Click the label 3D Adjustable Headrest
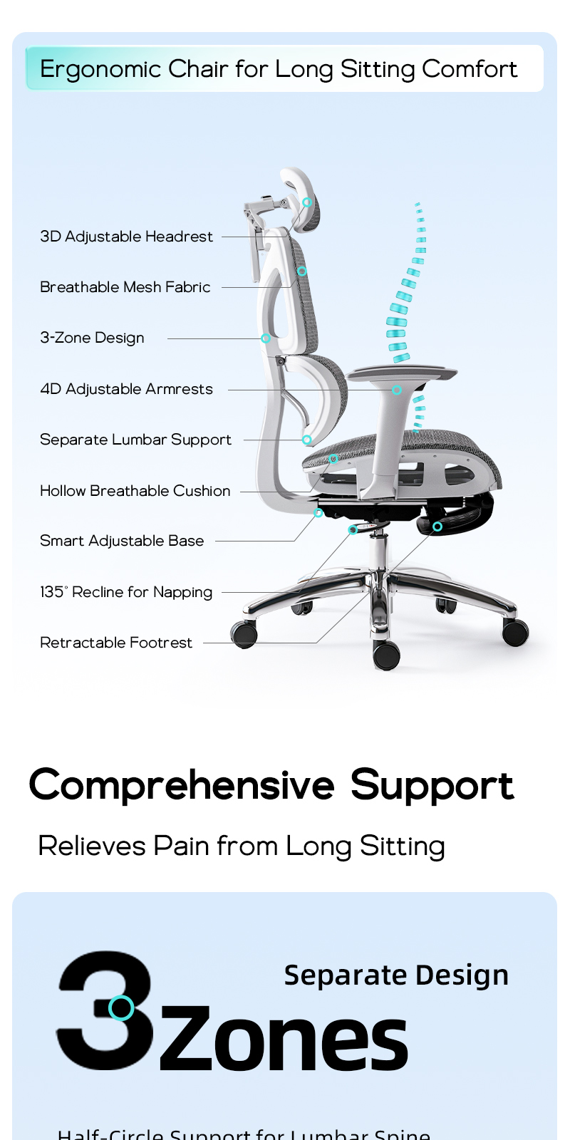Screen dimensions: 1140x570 click(x=126, y=237)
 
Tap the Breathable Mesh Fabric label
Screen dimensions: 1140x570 click(x=125, y=287)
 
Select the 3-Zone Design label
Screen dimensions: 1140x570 click(x=92, y=338)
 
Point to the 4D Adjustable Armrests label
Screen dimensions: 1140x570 click(x=126, y=389)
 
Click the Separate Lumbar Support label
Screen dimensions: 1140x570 click(x=135, y=440)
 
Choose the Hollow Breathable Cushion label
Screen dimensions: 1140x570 click(x=135, y=491)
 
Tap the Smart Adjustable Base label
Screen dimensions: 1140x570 click(x=122, y=541)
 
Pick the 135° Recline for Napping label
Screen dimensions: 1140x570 click(x=126, y=592)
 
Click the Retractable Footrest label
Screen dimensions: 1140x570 click(x=116, y=643)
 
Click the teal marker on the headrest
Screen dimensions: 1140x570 click(x=307, y=202)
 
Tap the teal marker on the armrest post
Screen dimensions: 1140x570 click(x=397, y=390)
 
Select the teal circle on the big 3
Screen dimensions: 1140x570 click(x=121, y=1007)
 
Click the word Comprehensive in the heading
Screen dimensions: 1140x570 click(x=181, y=785)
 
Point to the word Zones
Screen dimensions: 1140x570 click(x=283, y=1040)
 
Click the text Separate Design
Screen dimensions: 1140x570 click(x=396, y=975)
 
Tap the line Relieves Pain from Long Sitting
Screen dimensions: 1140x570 click(x=242, y=846)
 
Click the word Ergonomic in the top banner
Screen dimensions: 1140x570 click(x=100, y=69)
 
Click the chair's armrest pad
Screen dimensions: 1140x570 click(x=403, y=372)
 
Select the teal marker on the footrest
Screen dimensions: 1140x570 click(x=437, y=527)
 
